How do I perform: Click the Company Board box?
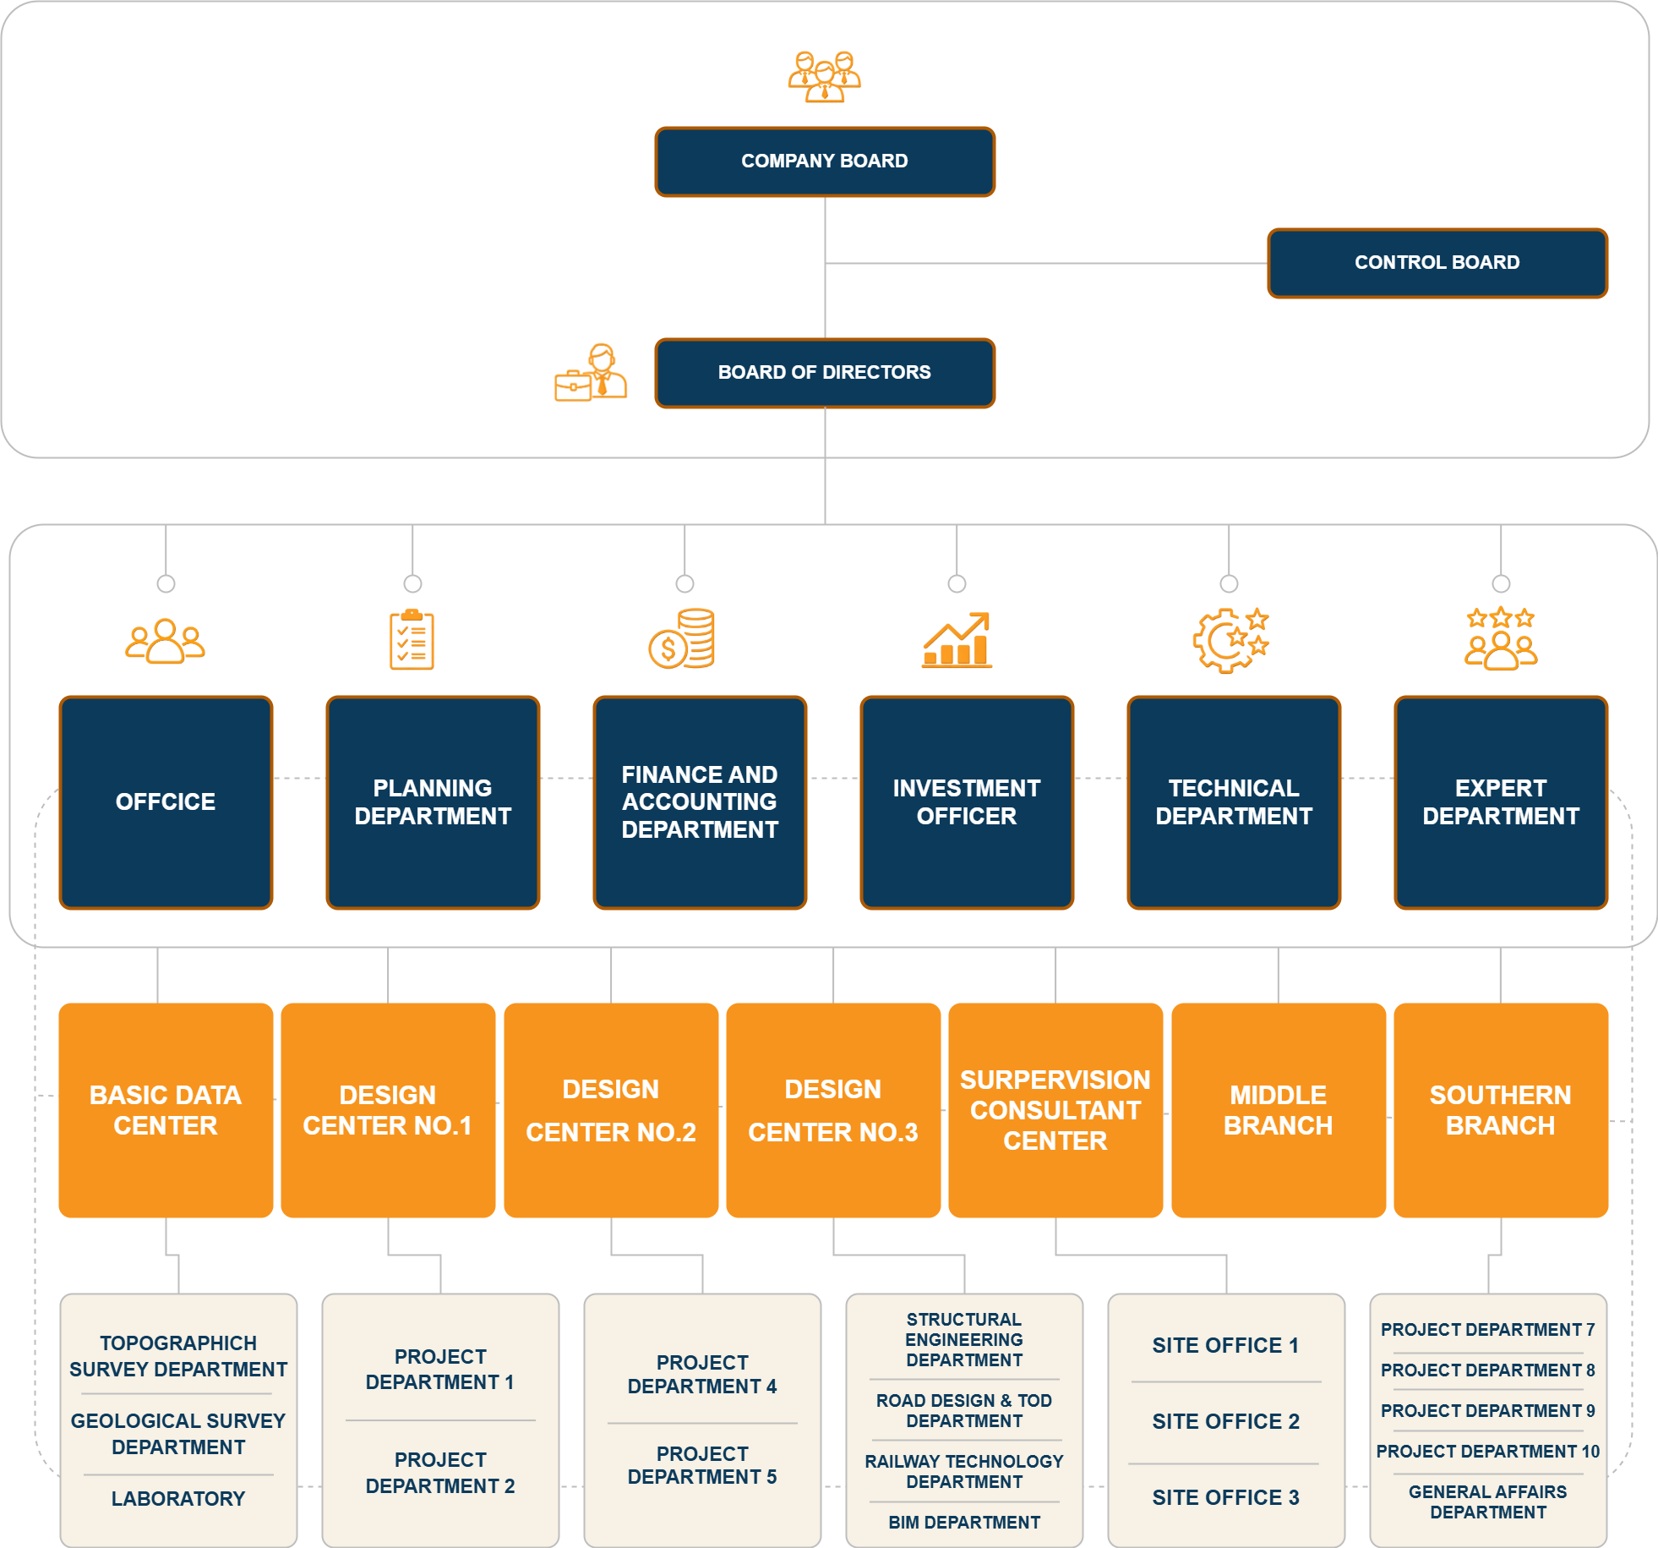(825, 161)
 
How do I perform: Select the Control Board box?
(1437, 263)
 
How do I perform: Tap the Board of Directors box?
(825, 373)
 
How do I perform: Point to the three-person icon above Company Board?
(825, 76)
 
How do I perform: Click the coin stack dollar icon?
(682, 638)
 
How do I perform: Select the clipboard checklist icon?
(412, 639)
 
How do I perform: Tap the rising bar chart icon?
(957, 640)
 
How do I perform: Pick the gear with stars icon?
(1231, 640)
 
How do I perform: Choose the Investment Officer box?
(967, 802)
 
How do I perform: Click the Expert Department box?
(1501, 802)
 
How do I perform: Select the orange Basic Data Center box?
(166, 1110)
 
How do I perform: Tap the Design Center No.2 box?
(611, 1110)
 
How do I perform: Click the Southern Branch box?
(1501, 1110)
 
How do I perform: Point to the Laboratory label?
(178, 1499)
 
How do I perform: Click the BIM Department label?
(964, 1523)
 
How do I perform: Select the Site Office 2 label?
(1226, 1421)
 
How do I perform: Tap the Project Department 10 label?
(1488, 1452)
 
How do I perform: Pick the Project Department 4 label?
(702, 1375)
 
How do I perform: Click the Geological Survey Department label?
(178, 1434)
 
